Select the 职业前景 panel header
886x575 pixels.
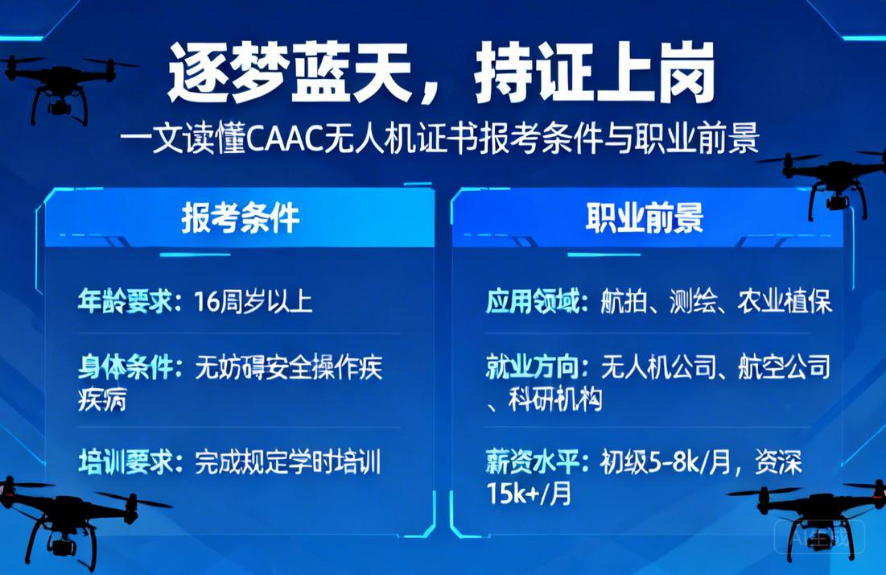pos(645,217)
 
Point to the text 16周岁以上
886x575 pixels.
pos(253,302)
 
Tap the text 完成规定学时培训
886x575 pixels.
pos(287,463)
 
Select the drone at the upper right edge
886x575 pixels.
pos(837,181)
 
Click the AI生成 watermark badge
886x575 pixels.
pos(819,537)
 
